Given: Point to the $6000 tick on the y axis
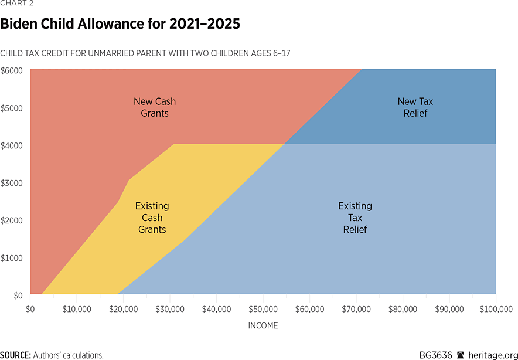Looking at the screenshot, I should pos(11,70).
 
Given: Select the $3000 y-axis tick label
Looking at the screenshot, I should pos(11,183).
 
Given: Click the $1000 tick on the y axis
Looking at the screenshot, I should pos(11,258).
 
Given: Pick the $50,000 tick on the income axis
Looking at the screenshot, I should pos(264,308).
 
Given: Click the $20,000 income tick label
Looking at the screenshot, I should pos(124,308).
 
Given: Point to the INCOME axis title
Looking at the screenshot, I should pos(263,325).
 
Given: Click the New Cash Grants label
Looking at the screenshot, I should pos(155,107).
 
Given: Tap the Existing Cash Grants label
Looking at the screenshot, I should pos(152,218).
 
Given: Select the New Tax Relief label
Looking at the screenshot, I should pos(415,107).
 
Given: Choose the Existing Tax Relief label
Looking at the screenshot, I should pos(355,218).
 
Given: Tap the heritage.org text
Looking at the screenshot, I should pos(492,355).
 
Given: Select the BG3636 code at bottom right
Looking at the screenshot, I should pos(435,355).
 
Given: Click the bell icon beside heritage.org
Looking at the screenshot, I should pos(460,355).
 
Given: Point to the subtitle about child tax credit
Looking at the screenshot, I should pos(145,53).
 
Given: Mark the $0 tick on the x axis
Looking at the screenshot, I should pos(30,308).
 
